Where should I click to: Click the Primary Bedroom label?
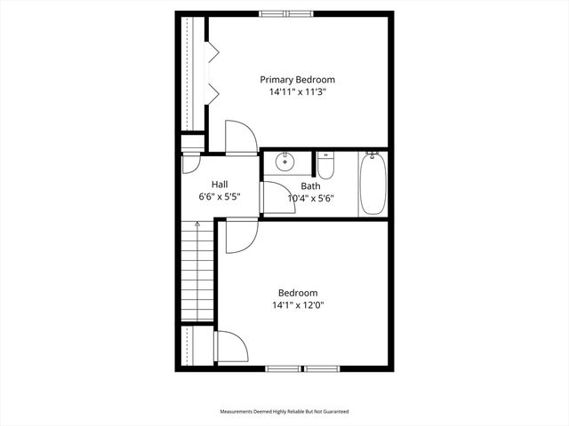pyautogui.click(x=297, y=79)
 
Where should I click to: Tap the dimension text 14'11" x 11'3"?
pyautogui.click(x=297, y=91)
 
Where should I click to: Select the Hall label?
pyautogui.click(x=219, y=184)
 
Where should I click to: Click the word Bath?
pyautogui.click(x=310, y=186)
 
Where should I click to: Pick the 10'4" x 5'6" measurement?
pyautogui.click(x=310, y=199)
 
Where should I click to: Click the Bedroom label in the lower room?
pyautogui.click(x=297, y=293)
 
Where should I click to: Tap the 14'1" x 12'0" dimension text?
pyautogui.click(x=297, y=305)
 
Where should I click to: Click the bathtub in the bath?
pyautogui.click(x=373, y=184)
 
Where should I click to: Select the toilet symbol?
pyautogui.click(x=325, y=166)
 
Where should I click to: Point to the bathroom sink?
pyautogui.click(x=285, y=162)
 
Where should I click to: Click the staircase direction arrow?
pyautogui.click(x=197, y=225)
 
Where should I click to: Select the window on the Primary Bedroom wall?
pyautogui.click(x=285, y=13)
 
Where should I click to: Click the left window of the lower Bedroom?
pyautogui.click(x=284, y=368)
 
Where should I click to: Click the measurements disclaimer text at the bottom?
pyautogui.click(x=284, y=412)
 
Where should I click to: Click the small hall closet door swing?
pyautogui.click(x=191, y=163)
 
